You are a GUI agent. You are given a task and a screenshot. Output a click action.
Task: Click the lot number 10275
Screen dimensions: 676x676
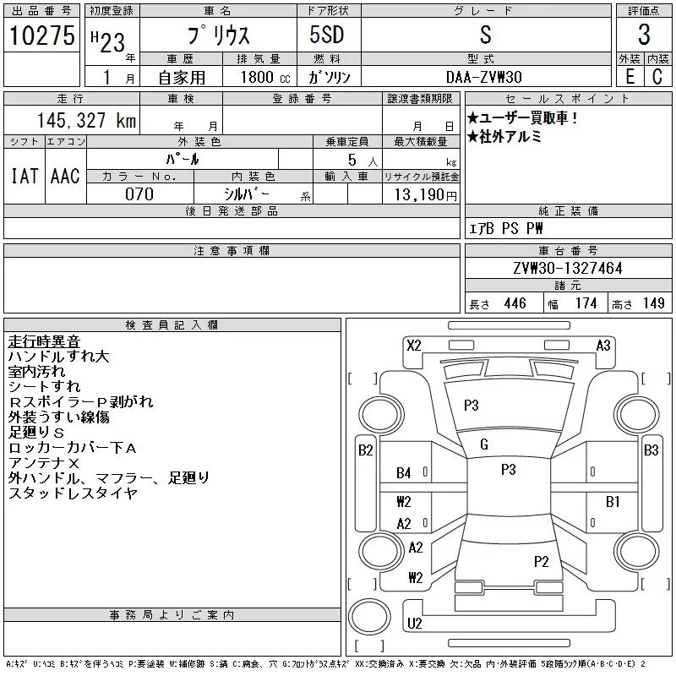41,35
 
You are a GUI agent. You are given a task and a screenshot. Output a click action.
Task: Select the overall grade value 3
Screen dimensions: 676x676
644,35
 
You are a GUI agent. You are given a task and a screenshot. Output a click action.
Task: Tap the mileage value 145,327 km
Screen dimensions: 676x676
84,120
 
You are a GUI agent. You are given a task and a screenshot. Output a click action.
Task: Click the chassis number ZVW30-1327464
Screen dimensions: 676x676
567,268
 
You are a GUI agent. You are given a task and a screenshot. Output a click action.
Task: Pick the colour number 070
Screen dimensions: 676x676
139,194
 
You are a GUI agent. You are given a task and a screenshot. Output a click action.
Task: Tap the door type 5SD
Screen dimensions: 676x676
315,35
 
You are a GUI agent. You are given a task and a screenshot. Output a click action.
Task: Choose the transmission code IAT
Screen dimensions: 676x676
24,176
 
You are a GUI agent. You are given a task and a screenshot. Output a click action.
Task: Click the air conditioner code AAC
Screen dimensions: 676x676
65,176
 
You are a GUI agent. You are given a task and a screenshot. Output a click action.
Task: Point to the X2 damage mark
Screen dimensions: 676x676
414,345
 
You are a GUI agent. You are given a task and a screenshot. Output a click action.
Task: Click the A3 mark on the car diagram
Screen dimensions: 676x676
603,345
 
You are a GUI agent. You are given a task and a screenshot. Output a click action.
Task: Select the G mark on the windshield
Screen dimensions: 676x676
484,444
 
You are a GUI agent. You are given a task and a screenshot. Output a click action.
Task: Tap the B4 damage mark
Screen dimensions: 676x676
404,473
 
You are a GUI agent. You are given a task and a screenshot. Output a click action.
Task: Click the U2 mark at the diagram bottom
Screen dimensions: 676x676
414,624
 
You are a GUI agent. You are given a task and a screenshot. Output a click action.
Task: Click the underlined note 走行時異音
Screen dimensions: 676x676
44,341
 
